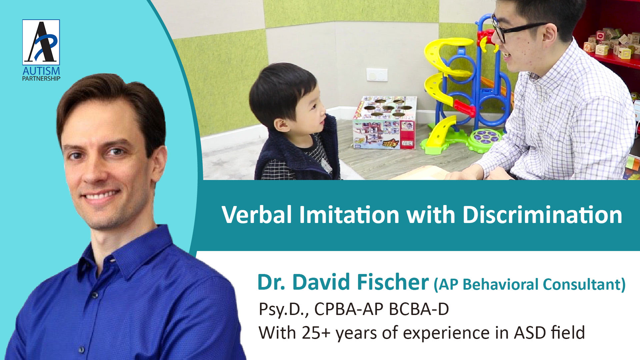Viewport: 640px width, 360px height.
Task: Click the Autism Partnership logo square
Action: tap(41, 42)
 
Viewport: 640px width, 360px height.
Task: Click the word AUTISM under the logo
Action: tap(41, 71)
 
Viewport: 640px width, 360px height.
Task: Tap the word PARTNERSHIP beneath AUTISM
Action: tap(41, 79)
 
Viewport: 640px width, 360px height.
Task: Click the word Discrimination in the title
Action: tap(542, 215)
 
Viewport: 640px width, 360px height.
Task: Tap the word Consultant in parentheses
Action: tap(584, 285)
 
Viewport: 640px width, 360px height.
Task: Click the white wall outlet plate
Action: tap(377, 75)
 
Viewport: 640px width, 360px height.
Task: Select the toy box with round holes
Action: tap(385, 122)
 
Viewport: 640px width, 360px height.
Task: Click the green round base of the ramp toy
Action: tap(485, 140)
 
